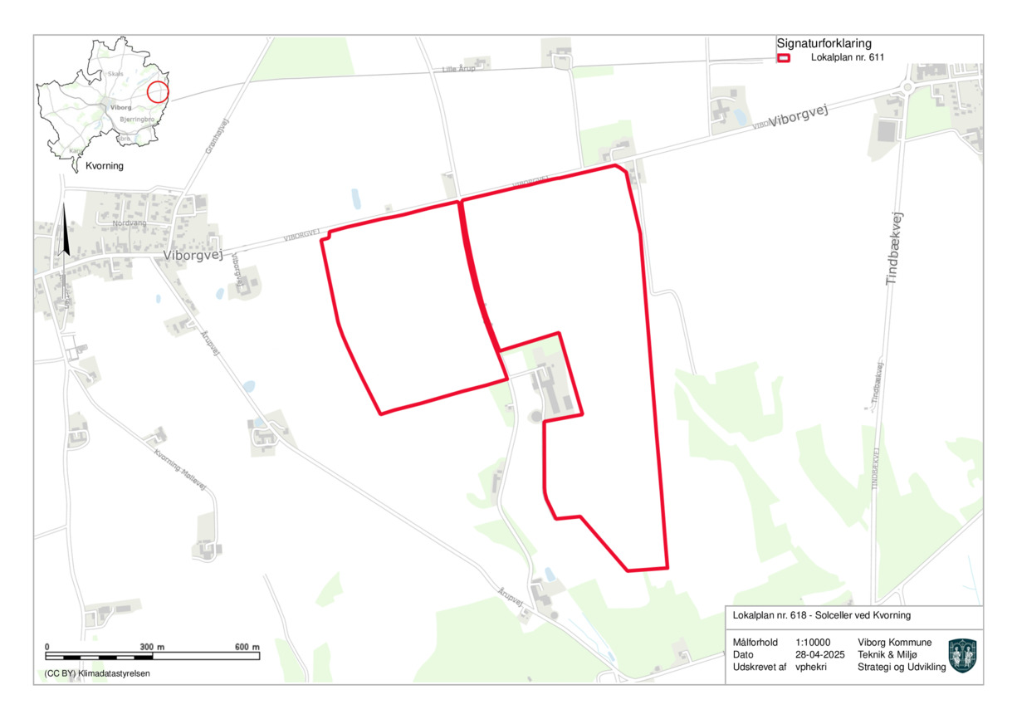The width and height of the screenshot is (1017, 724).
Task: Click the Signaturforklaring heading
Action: coord(824,44)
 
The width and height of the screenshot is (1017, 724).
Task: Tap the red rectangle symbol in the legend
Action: coord(784,59)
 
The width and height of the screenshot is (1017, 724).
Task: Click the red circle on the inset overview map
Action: coord(158,92)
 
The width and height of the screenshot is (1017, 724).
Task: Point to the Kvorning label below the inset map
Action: coord(105,166)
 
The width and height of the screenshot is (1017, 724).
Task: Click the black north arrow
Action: coord(65,232)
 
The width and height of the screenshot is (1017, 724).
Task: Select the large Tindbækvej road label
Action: coord(894,250)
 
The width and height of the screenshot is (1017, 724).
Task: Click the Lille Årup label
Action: coord(459,69)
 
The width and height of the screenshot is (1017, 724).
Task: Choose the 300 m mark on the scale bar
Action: coord(152,646)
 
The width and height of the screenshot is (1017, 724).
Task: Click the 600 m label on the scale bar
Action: coord(247,646)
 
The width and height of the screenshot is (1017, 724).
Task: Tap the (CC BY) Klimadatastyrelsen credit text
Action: coord(98,673)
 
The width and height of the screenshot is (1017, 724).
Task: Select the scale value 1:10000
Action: coord(812,643)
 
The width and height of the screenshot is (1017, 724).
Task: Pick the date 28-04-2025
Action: coord(819,655)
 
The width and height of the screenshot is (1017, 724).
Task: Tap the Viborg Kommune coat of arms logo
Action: coord(962,655)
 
